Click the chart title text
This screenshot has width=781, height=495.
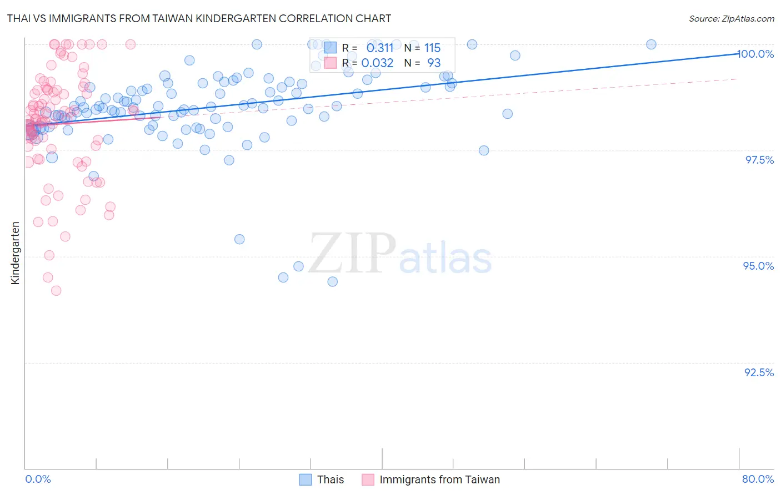(199, 18)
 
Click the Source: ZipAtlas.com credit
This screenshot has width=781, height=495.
(731, 18)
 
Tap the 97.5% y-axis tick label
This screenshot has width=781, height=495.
(759, 160)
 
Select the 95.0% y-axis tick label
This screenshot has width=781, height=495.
(758, 266)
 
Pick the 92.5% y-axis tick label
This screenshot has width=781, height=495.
(759, 372)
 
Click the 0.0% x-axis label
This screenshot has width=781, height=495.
(38, 479)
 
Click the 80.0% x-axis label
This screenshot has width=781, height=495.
(758, 479)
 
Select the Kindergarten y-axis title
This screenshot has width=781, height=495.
(16, 253)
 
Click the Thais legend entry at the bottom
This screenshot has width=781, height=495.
(330, 479)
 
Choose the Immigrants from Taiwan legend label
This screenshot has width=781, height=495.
(439, 479)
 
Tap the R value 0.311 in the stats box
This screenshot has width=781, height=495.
(380, 48)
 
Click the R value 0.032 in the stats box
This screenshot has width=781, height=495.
(377, 63)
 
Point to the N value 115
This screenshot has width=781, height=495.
(432, 48)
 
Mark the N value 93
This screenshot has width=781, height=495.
(434, 63)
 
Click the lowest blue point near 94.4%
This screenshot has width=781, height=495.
(332, 281)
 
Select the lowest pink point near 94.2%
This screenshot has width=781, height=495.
(56, 290)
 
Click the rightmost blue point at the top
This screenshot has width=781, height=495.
(651, 44)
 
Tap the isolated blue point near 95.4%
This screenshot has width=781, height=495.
(239, 239)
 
